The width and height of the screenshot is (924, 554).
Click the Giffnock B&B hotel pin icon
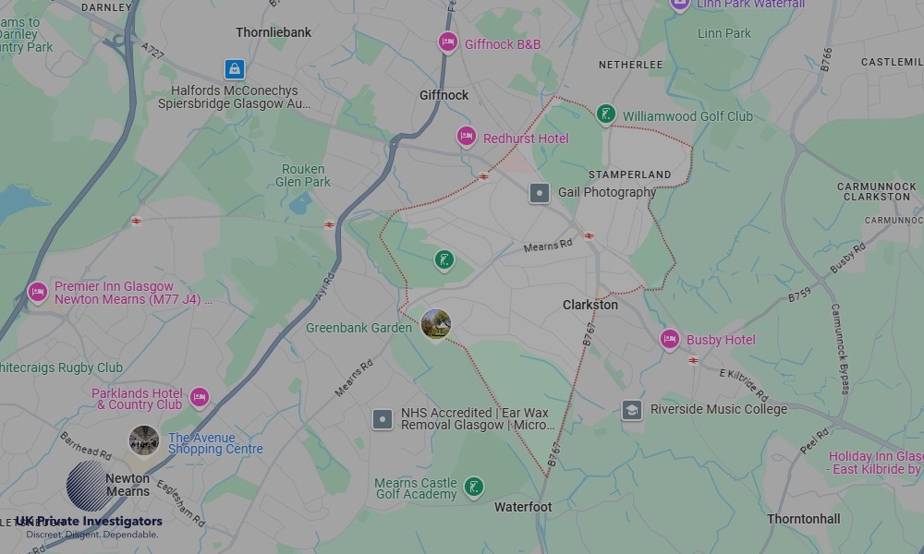pyautogui.click(x=448, y=42)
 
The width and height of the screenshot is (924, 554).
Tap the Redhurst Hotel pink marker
pyautogui.click(x=467, y=137)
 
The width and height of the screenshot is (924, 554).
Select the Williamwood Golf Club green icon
pyautogui.click(x=605, y=114)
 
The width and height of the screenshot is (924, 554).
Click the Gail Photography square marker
pyautogui.click(x=540, y=193)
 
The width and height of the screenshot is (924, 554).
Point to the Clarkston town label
pyautogui.click(x=590, y=305)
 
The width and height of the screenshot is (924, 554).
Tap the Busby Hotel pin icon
pyautogui.click(x=670, y=339)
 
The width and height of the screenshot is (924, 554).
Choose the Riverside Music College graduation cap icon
pyautogui.click(x=632, y=410)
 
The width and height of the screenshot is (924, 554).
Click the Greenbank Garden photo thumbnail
pyautogui.click(x=435, y=324)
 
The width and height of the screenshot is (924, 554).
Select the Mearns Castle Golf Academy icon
pyautogui.click(x=473, y=487)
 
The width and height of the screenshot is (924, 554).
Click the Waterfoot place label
pyautogui.click(x=523, y=507)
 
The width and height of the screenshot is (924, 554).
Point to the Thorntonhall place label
pyautogui.click(x=803, y=519)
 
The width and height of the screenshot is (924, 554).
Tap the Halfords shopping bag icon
pyautogui.click(x=235, y=69)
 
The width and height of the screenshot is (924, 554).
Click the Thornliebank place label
pyautogui.click(x=274, y=32)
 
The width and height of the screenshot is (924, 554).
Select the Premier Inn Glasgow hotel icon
pyautogui.click(x=37, y=292)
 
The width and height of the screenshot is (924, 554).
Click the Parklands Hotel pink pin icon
pyautogui.click(x=199, y=398)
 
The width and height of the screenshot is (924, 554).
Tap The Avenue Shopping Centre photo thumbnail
pyautogui.click(x=143, y=440)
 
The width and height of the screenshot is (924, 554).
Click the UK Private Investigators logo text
pyautogui.click(x=89, y=522)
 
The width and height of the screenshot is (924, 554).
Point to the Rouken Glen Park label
pyautogui.click(x=303, y=175)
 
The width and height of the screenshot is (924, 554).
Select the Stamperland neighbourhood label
pyautogui.click(x=630, y=175)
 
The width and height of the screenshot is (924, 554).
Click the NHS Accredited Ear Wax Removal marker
pyautogui.click(x=383, y=420)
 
